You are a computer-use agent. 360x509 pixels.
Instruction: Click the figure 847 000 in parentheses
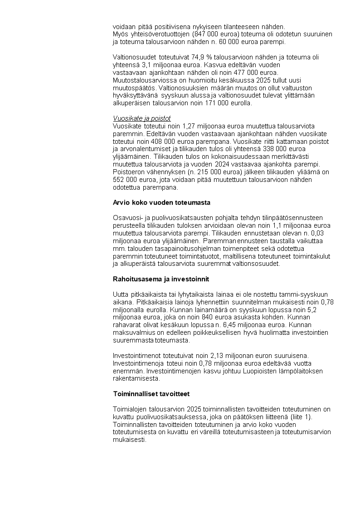205,34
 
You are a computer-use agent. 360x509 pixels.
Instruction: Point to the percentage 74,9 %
215,57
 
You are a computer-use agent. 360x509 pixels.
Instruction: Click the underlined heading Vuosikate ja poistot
141,118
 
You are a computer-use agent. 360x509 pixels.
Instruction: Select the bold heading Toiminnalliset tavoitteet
151,393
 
